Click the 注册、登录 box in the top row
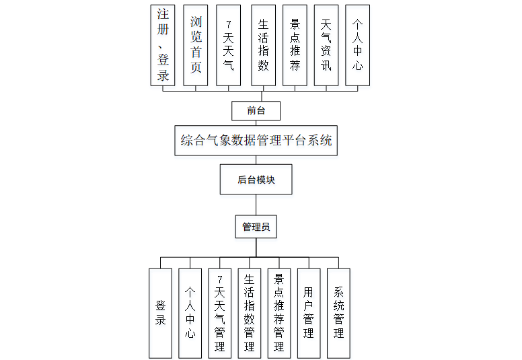(163, 45)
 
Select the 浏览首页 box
(196, 45)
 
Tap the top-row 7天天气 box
(229, 45)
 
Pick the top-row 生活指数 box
(263, 45)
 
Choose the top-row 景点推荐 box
(295, 45)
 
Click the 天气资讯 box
(326, 45)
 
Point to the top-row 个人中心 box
(357, 45)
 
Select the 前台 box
(256, 110)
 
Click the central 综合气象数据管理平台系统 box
(256, 141)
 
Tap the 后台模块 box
(256, 180)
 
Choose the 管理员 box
(256, 227)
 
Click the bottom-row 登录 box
(161, 313)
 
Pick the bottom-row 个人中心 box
(190, 313)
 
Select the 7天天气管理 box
(219, 313)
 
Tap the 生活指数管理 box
(249, 313)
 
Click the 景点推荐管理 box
(278, 313)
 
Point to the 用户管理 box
(308, 313)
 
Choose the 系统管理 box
(338, 313)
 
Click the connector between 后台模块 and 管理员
(256, 205)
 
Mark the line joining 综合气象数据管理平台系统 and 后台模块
(256, 160)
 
